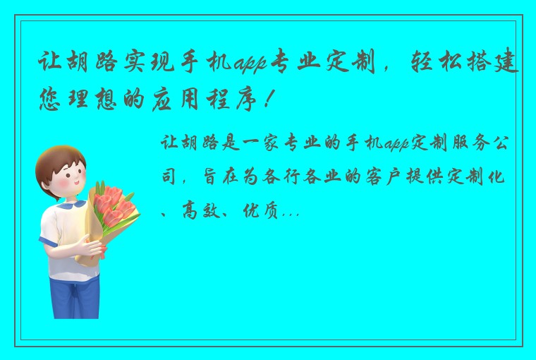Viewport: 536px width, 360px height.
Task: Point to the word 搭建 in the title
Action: tap(499, 66)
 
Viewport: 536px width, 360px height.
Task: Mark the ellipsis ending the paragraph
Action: tap(291, 212)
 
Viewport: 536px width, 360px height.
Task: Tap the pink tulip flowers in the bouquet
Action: tap(112, 204)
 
